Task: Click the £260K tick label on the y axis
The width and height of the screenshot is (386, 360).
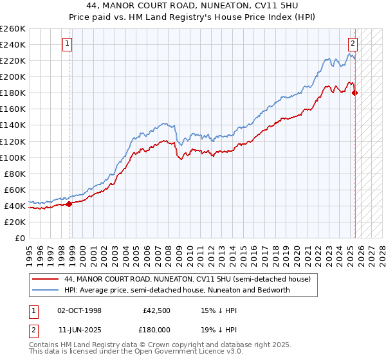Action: pos(12,28)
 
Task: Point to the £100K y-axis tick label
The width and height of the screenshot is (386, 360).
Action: pos(12,157)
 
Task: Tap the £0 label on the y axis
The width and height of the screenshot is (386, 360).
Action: pos(20,238)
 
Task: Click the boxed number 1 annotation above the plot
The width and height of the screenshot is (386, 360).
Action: pos(68,44)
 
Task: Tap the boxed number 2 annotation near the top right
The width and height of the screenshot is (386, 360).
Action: pos(353,44)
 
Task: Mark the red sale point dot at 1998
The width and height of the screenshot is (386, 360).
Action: pos(69,204)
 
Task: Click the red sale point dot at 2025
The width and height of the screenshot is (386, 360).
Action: pos(355,93)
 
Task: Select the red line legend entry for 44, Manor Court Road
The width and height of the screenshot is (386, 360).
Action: pos(187,279)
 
